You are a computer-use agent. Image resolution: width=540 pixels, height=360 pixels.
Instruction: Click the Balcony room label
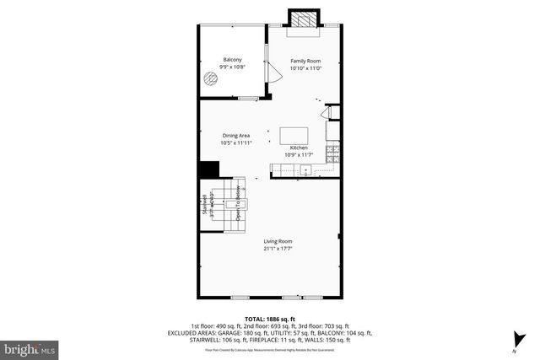(x=233, y=59)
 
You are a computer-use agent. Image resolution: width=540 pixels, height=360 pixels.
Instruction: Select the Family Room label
(x=305, y=61)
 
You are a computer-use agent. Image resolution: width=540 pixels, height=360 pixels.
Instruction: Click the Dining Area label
(x=236, y=136)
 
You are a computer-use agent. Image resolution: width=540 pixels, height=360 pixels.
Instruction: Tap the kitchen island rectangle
(x=294, y=135)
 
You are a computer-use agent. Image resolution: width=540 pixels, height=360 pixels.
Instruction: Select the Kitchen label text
(x=300, y=148)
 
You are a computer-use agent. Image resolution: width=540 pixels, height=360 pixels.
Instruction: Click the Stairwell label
(x=204, y=206)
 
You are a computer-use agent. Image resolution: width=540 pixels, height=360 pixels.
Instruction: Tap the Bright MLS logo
(x=30, y=347)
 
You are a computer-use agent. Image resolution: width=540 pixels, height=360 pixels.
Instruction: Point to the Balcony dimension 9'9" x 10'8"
(x=233, y=67)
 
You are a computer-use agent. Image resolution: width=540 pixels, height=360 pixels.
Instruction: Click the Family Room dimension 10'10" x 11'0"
(x=305, y=68)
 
